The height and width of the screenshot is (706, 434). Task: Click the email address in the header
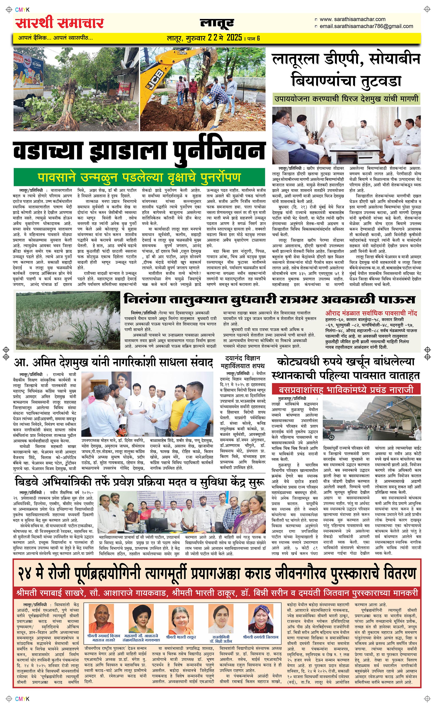[x=366, y=26]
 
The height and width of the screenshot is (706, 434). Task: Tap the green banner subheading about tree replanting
[x=139, y=177]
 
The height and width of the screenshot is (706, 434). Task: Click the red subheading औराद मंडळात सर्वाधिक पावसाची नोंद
[x=371, y=313]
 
